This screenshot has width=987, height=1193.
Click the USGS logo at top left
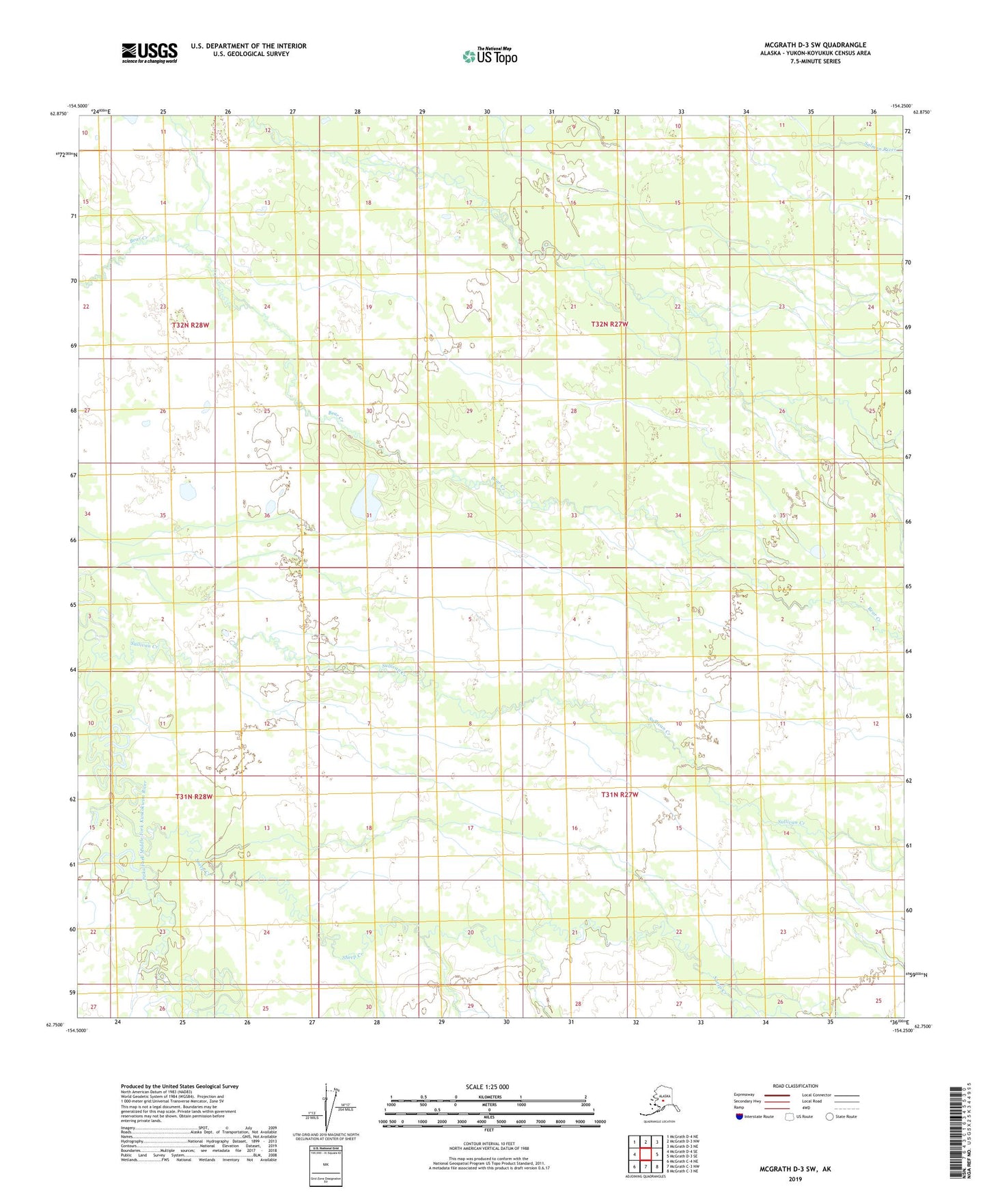pos(149,53)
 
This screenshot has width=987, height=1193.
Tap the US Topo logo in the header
pos(490,56)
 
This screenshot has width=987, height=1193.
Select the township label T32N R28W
pos(191,325)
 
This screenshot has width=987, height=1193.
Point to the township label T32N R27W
pos(609,325)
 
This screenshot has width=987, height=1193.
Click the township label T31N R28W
pos(194,797)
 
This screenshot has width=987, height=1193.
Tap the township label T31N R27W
pos(620,795)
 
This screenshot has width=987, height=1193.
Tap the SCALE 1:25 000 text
pos(488,1086)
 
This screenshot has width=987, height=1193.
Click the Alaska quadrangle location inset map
pos(658,1101)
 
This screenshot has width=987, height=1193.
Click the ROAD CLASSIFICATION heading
pos(795,1086)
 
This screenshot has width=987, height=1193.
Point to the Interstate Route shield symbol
pos(739,1116)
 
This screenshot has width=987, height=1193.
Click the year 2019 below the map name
pos(795,1179)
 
